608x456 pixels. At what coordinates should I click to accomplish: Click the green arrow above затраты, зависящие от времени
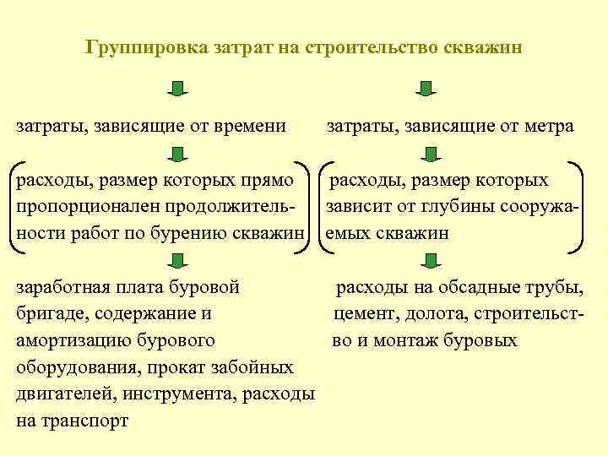176,89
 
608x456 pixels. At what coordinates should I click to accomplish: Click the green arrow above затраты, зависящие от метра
426,89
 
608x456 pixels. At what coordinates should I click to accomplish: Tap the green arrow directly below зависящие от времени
177,154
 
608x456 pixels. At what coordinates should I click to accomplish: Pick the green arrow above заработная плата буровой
177,259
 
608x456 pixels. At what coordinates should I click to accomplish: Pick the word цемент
362,315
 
